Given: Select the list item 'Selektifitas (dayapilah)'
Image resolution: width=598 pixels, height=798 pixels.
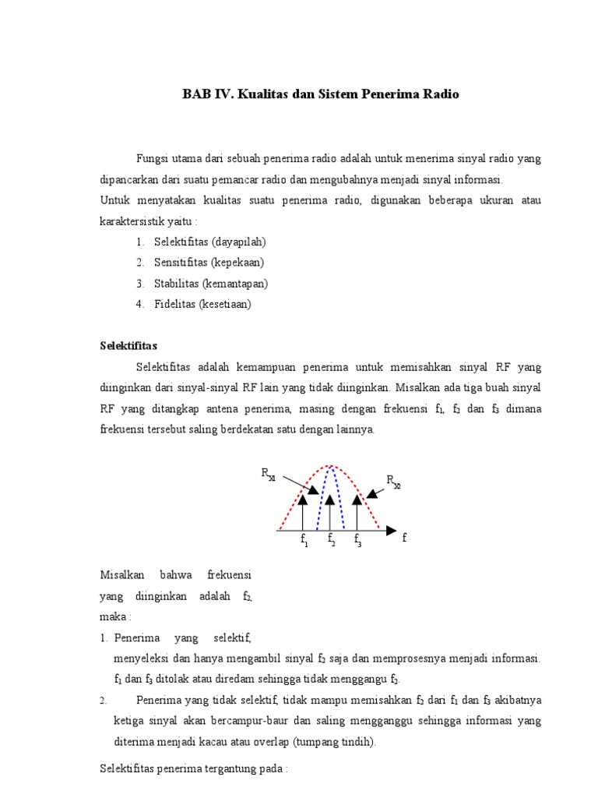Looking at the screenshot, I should [209, 242].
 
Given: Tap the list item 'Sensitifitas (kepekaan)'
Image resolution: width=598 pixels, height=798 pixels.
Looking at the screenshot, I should [209, 263].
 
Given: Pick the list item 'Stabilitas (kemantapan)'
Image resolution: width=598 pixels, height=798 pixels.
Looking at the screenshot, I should [210, 284].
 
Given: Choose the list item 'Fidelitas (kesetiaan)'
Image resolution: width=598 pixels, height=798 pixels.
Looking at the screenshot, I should [202, 304].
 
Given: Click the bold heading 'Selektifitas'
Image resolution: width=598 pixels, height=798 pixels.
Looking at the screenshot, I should [129, 345].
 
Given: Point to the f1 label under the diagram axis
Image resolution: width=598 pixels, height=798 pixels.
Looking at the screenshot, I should [304, 540].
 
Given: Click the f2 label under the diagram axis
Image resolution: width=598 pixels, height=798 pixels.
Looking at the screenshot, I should [331, 539].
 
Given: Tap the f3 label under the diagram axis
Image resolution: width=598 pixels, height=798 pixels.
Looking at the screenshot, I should [357, 539].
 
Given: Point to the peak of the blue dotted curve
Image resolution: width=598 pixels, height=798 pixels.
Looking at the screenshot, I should [331, 467].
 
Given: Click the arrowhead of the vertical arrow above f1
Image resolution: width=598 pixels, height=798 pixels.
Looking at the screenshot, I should [304, 500].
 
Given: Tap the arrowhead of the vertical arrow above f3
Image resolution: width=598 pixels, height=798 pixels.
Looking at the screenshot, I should [357, 500].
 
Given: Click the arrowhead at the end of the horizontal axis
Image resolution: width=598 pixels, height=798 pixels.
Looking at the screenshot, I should [391, 531].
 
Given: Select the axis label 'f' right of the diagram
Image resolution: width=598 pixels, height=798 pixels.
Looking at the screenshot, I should [405, 538].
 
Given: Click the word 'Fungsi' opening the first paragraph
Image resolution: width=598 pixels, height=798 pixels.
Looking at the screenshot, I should [152, 158].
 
